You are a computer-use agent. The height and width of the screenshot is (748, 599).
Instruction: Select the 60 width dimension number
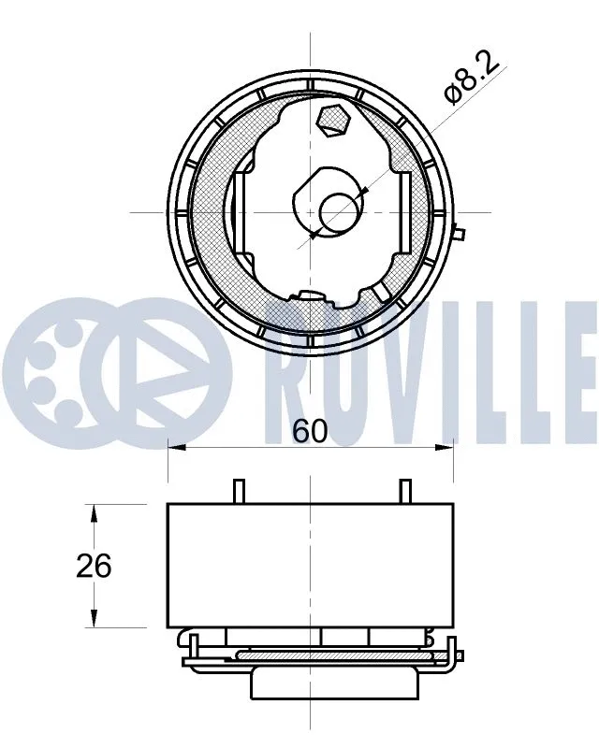(310, 431)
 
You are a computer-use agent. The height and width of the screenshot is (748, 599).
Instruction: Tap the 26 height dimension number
(94, 565)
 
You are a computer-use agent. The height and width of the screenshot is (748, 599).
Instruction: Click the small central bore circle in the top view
(335, 212)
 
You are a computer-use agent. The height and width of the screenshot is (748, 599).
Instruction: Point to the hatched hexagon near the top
(332, 119)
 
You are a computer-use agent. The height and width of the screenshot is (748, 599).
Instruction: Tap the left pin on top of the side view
(239, 492)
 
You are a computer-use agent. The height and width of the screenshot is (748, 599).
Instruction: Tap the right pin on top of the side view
(405, 492)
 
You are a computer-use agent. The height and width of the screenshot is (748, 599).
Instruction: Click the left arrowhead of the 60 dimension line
(173, 449)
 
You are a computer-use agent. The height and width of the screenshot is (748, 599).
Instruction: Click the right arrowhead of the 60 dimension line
(448, 449)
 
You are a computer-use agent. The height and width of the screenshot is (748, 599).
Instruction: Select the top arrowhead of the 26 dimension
(94, 511)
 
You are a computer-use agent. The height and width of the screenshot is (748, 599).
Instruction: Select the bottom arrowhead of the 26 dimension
(94, 621)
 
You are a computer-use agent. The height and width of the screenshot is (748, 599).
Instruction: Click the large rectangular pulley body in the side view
(310, 565)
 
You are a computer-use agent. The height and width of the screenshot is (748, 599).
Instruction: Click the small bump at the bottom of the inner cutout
(311, 298)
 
